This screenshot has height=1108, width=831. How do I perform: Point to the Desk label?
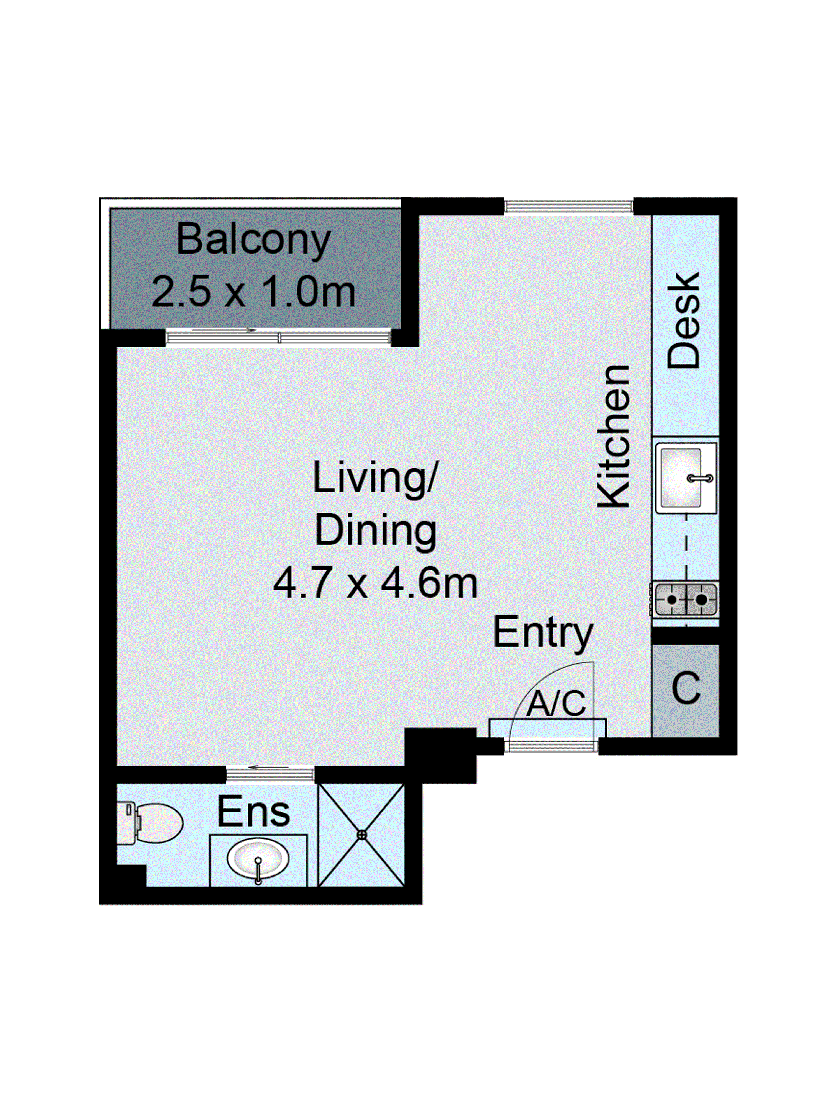pos(684,321)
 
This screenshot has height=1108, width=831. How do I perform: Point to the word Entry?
pos(543,633)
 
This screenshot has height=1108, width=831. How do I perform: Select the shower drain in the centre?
pos(361,835)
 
